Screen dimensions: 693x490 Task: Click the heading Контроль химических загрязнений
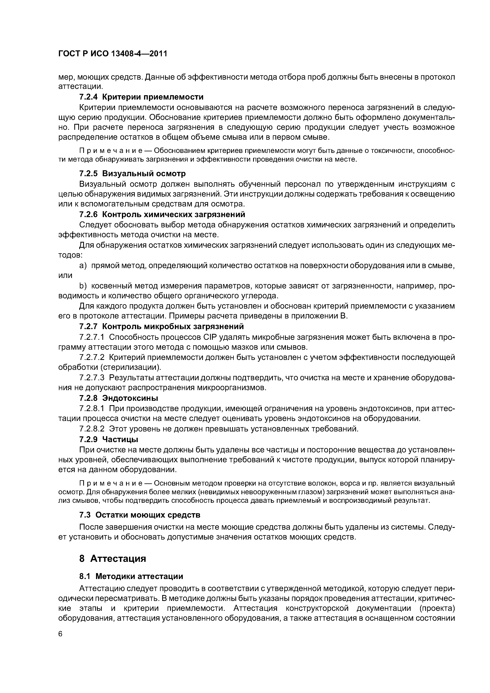[174, 214]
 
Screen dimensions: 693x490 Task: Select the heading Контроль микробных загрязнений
[173, 326]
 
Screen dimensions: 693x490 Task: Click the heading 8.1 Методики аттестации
[131, 576]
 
